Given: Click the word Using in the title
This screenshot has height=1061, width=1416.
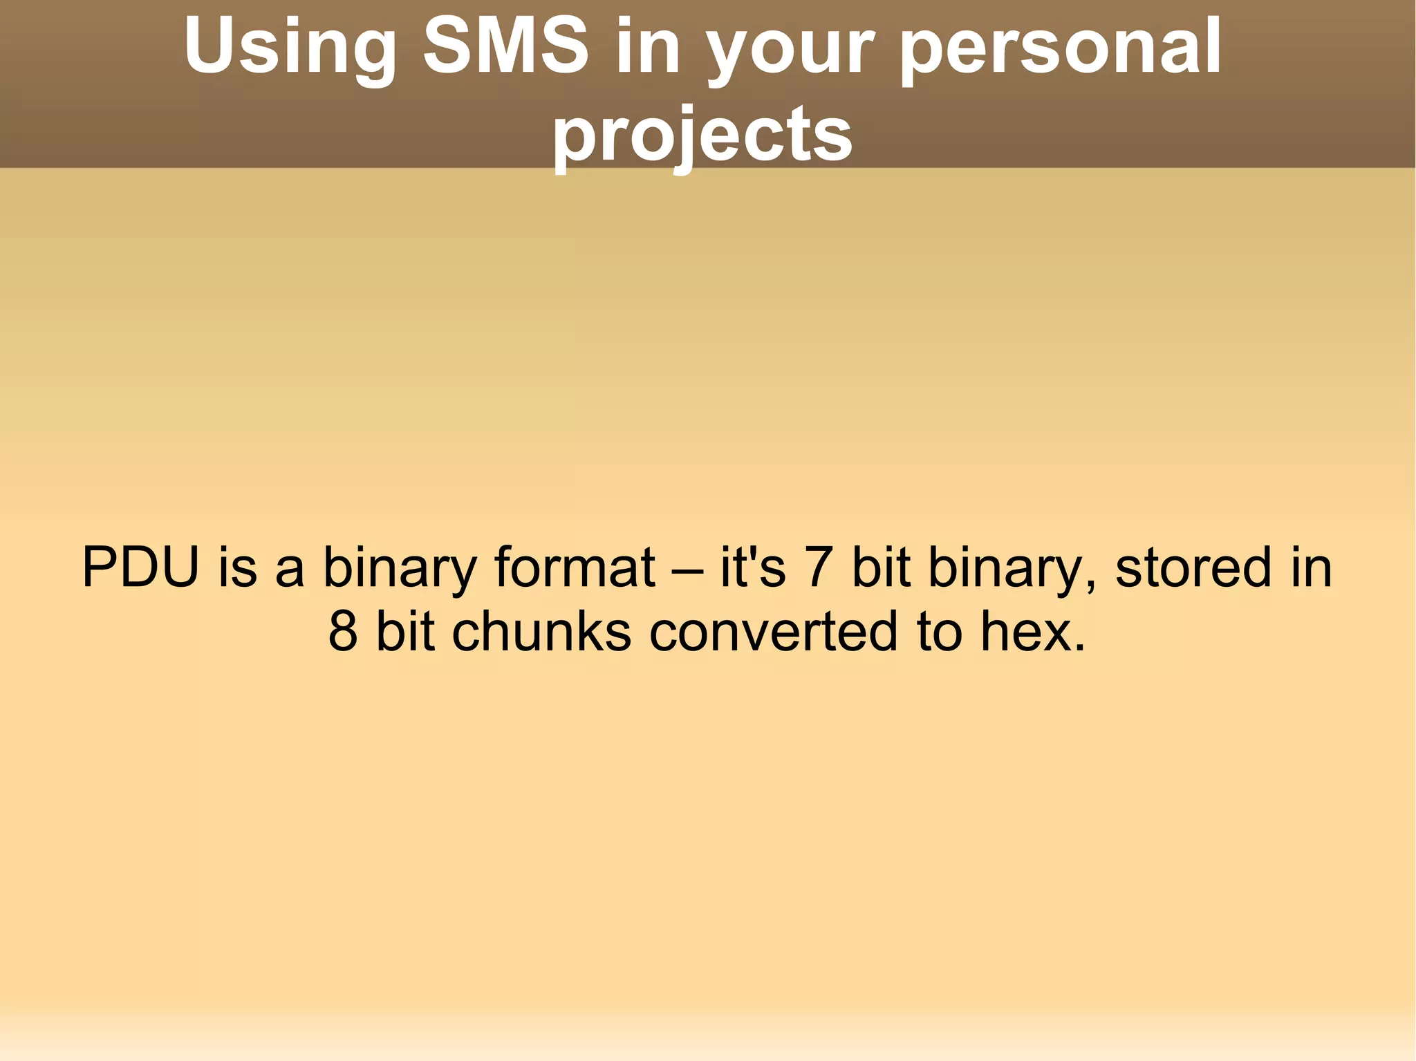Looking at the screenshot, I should (290, 47).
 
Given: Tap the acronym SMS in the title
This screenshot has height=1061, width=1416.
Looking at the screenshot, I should (505, 47).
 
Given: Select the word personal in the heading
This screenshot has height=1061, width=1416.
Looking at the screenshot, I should (1061, 47).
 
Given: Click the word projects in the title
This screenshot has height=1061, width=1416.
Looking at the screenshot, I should (702, 135).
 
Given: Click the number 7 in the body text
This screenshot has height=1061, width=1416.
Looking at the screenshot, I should (819, 567).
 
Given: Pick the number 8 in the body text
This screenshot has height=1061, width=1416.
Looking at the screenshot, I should (343, 631).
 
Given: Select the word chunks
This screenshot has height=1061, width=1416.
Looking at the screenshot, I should (541, 631).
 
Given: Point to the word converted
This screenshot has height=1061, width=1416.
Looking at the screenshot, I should (774, 631).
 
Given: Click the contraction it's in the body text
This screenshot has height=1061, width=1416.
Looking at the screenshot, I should (752, 567).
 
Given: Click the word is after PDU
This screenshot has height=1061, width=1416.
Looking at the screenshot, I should (237, 567).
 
